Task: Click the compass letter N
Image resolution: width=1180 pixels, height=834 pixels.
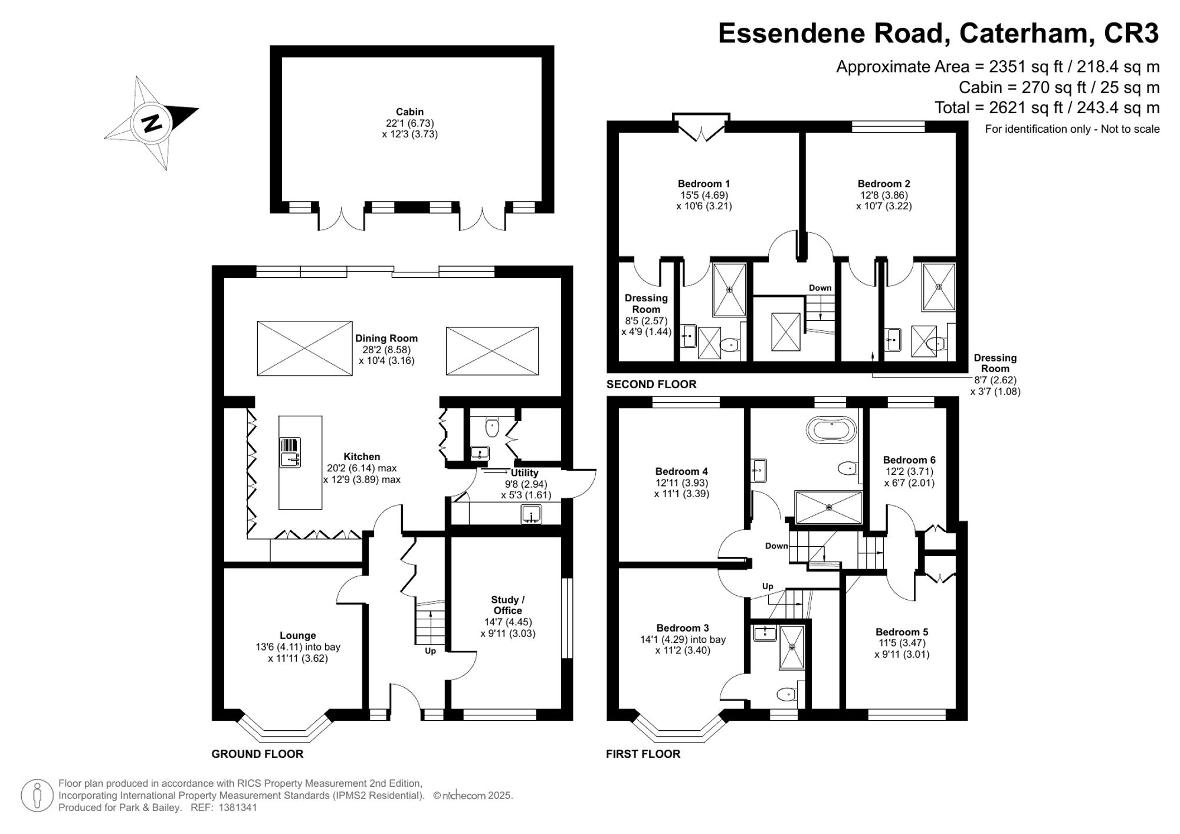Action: click(x=152, y=123)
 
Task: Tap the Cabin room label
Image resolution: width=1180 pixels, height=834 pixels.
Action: click(x=409, y=111)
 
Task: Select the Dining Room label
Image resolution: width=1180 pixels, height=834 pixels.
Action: click(x=386, y=338)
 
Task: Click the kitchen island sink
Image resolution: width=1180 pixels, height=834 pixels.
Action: click(x=290, y=452)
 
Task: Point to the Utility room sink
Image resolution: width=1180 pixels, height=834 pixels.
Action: click(x=532, y=514)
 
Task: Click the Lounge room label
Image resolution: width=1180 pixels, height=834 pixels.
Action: click(x=298, y=635)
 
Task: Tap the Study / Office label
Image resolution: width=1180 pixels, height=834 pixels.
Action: click(x=508, y=605)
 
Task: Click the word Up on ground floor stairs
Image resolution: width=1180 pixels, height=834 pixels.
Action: click(x=430, y=651)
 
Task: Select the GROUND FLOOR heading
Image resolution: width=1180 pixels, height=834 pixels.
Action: click(x=257, y=754)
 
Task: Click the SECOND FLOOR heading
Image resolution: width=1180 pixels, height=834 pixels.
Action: click(x=651, y=384)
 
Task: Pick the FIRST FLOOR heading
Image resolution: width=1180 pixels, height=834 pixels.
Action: click(x=643, y=754)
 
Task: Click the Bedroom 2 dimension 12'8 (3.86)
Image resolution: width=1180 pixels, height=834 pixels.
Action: click(x=884, y=195)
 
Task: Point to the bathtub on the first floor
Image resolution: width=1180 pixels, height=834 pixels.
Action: click(x=831, y=431)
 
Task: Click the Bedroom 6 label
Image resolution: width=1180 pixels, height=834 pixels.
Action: click(x=909, y=459)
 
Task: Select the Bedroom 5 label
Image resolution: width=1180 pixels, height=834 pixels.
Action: click(x=902, y=632)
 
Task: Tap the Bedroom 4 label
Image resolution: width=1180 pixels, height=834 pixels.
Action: click(x=681, y=471)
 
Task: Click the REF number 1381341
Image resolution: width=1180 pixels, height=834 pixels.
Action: click(x=238, y=807)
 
